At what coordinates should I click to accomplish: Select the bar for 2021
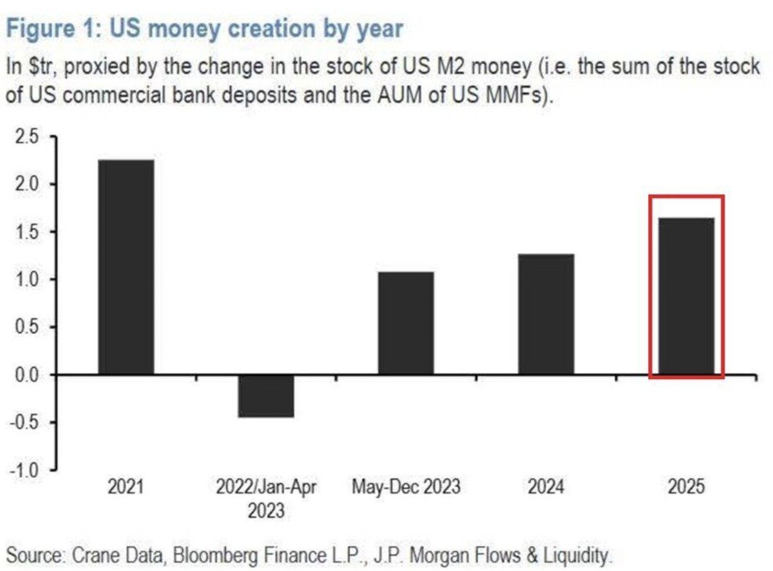(x=126, y=267)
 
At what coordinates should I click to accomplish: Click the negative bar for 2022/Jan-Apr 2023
(x=266, y=396)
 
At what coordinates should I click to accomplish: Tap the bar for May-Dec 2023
(x=406, y=323)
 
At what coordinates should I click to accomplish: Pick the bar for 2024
(x=546, y=314)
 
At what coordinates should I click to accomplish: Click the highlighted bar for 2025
(x=686, y=296)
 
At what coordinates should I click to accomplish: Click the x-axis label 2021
(x=126, y=487)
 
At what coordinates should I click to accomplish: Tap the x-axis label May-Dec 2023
(x=406, y=487)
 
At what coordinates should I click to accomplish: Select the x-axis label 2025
(x=686, y=487)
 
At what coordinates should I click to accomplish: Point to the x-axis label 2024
(x=546, y=487)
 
